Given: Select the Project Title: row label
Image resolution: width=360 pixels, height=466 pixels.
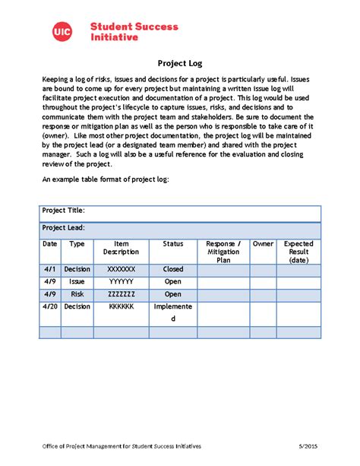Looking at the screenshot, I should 63,211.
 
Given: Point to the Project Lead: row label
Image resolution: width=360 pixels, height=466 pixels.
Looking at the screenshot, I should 63,227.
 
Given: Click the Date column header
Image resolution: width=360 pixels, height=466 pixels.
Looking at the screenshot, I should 50,244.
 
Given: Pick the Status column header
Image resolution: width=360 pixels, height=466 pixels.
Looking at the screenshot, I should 173,244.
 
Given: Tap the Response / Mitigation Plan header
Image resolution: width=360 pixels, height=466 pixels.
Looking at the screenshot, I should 223,252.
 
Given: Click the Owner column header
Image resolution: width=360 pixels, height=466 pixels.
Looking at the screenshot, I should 263,244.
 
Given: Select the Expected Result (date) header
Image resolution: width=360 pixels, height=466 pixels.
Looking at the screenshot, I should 298,252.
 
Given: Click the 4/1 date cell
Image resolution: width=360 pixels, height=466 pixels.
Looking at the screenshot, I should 50,269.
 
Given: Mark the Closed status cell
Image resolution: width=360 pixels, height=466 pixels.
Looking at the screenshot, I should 173,269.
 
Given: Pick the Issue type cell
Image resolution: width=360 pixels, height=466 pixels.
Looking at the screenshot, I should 77,281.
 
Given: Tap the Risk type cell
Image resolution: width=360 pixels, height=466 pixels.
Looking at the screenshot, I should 77,294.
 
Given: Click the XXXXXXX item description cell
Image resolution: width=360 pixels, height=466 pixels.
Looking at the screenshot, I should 122,269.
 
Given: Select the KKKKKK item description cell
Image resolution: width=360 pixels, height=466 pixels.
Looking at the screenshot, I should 122,306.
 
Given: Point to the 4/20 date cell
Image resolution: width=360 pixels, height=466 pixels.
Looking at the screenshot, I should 50,306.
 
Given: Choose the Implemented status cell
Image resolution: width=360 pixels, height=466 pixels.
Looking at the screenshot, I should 173,312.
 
